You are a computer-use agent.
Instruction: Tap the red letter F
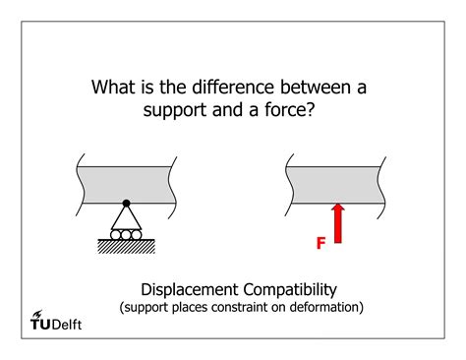[x=320, y=241]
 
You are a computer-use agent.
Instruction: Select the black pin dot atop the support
[x=126, y=203]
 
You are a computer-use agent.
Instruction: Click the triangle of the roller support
[x=126, y=217]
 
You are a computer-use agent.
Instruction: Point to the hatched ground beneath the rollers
[x=126, y=247]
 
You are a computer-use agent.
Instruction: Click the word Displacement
[x=189, y=289]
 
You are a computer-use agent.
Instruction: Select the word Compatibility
[x=289, y=289]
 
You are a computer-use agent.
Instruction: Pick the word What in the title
[x=114, y=88]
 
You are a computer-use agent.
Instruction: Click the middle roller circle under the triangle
[x=126, y=235]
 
